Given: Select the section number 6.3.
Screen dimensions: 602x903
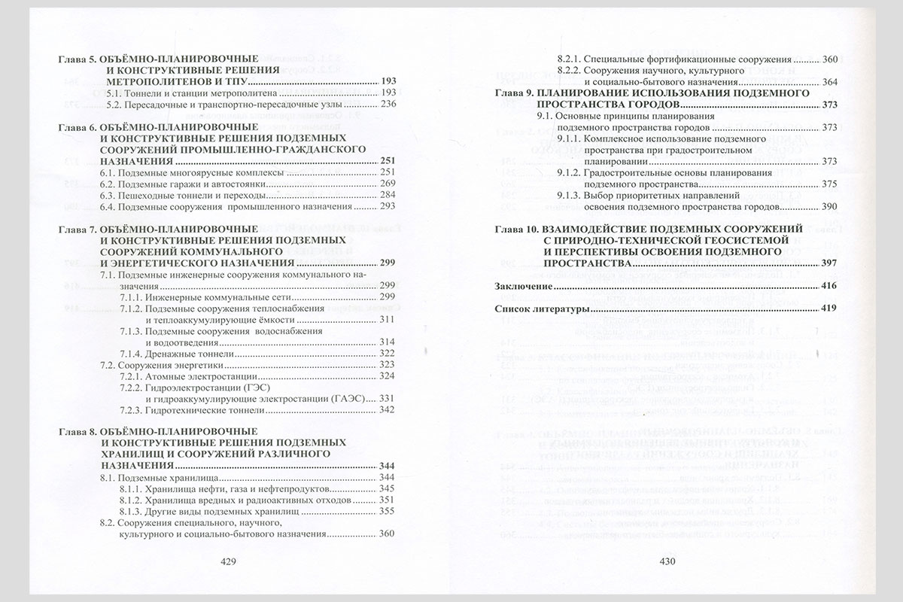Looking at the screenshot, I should [x=108, y=196].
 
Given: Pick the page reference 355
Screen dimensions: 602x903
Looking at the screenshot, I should [x=388, y=512].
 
